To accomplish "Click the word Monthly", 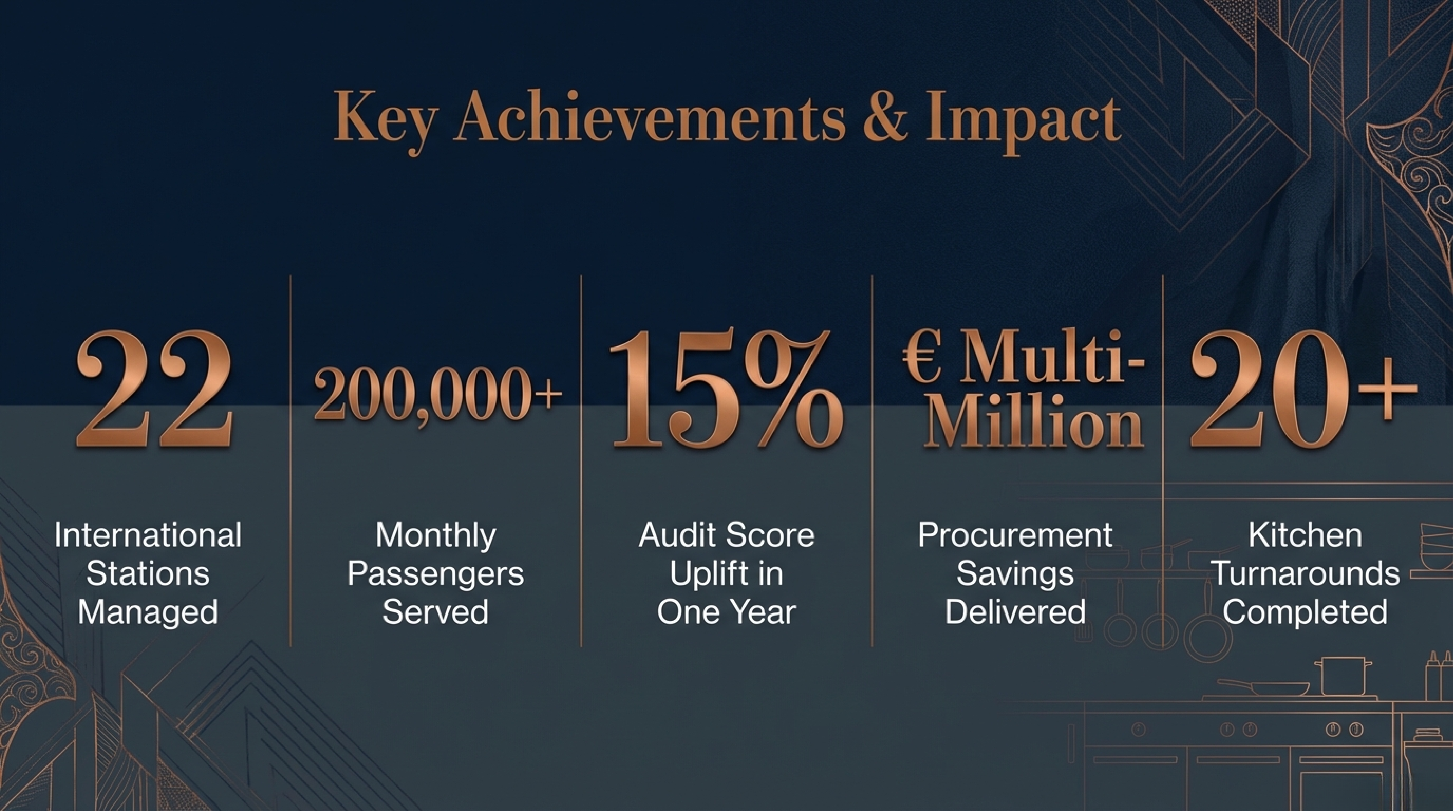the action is coord(435,536).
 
